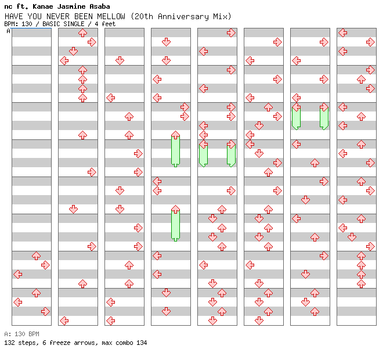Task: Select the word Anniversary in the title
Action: [x=179, y=16]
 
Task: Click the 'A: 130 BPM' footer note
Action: [x=21, y=334]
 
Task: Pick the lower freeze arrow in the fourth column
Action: [x=175, y=224]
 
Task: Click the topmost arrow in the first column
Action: [x=36, y=255]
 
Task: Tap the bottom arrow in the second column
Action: [x=64, y=321]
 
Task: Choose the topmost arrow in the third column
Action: [x=120, y=60]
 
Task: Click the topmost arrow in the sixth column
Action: [x=277, y=42]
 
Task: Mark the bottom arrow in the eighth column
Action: [x=361, y=283]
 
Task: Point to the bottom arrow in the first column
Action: [x=45, y=311]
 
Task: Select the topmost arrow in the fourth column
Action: [x=166, y=42]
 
